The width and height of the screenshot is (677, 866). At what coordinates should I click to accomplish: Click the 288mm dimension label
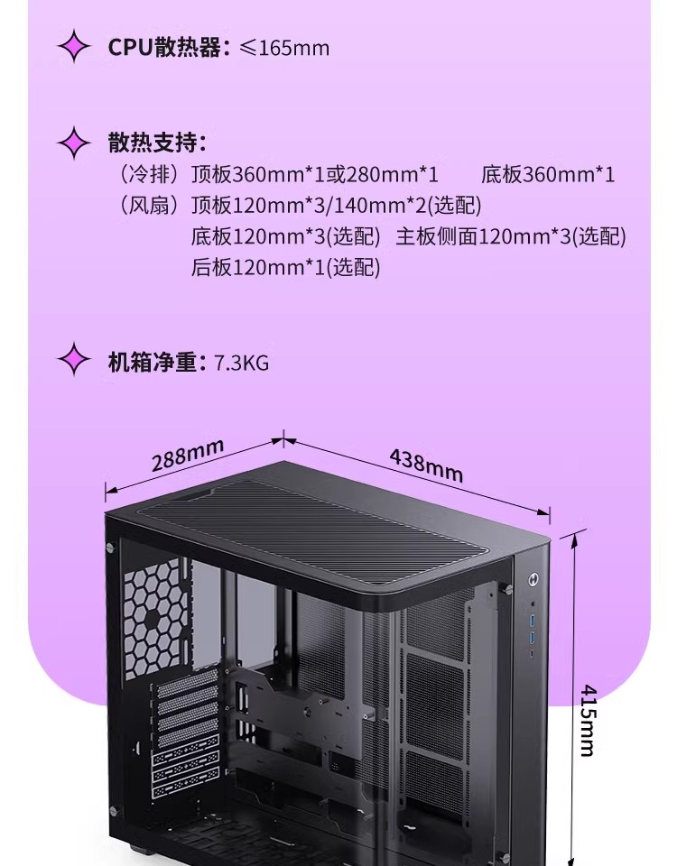[x=187, y=456]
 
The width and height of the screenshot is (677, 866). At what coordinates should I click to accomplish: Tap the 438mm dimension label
[x=426, y=465]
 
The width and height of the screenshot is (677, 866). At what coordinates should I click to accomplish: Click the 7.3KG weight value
[x=242, y=363]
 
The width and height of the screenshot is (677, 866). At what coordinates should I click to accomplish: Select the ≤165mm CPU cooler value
[x=284, y=47]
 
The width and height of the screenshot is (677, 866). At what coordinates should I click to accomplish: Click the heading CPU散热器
[x=164, y=47]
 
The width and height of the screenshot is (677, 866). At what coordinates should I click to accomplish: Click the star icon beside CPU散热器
[x=74, y=47]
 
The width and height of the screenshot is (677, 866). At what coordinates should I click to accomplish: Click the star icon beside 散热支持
[x=74, y=143]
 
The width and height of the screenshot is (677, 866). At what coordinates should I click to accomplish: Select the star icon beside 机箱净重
[x=74, y=362]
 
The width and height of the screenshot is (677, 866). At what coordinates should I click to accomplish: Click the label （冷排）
[x=149, y=175]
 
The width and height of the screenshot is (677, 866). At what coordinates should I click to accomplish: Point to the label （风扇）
[x=149, y=206]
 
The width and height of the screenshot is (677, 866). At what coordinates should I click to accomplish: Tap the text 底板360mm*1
[x=548, y=175]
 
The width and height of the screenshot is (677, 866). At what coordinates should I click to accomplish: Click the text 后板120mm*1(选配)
[x=286, y=267]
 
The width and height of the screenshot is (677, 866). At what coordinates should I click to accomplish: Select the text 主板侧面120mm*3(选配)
[x=511, y=236]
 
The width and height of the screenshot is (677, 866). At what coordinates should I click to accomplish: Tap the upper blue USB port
[x=533, y=622]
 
